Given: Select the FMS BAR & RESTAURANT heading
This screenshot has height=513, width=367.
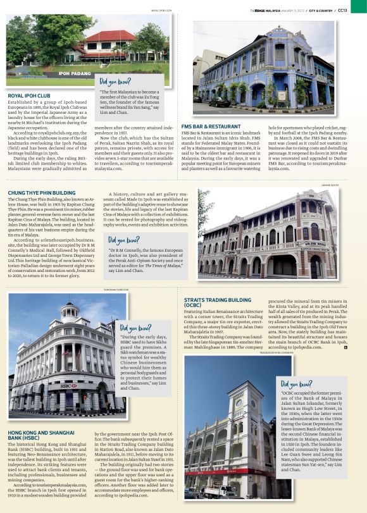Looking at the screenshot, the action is point(212,127).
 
